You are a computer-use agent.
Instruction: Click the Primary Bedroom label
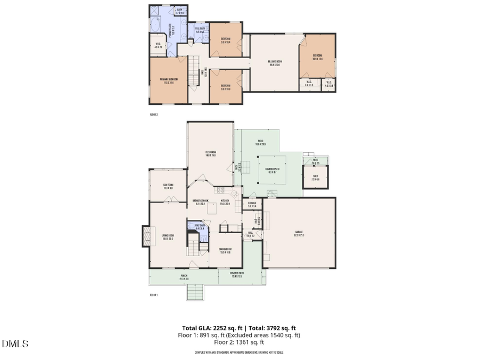coord(168,81)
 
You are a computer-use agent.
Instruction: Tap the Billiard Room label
coord(275,63)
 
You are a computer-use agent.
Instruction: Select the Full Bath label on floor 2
coord(200,30)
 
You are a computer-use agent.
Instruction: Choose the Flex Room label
coord(210,154)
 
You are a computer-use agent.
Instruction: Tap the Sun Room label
coord(168,186)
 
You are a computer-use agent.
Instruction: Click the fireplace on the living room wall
coord(145,236)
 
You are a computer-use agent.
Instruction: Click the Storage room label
coord(252,204)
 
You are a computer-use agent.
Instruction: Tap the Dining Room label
coord(225,251)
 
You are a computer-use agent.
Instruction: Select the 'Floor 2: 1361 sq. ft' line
coord(239,343)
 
